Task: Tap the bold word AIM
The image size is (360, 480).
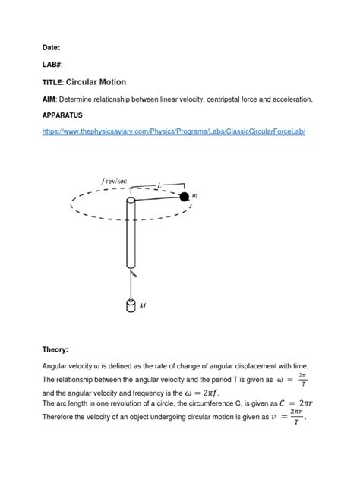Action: [49, 99]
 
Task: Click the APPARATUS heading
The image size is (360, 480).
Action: [68, 117]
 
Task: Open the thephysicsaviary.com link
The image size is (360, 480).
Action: [173, 131]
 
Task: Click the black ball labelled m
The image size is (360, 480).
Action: [184, 197]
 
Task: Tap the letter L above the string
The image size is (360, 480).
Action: [158, 185]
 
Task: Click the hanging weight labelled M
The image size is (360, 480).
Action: [131, 305]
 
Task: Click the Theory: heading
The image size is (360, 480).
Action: [55, 349]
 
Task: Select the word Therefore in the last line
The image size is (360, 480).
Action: [60, 418]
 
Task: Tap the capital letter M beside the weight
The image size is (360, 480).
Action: [143, 305]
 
